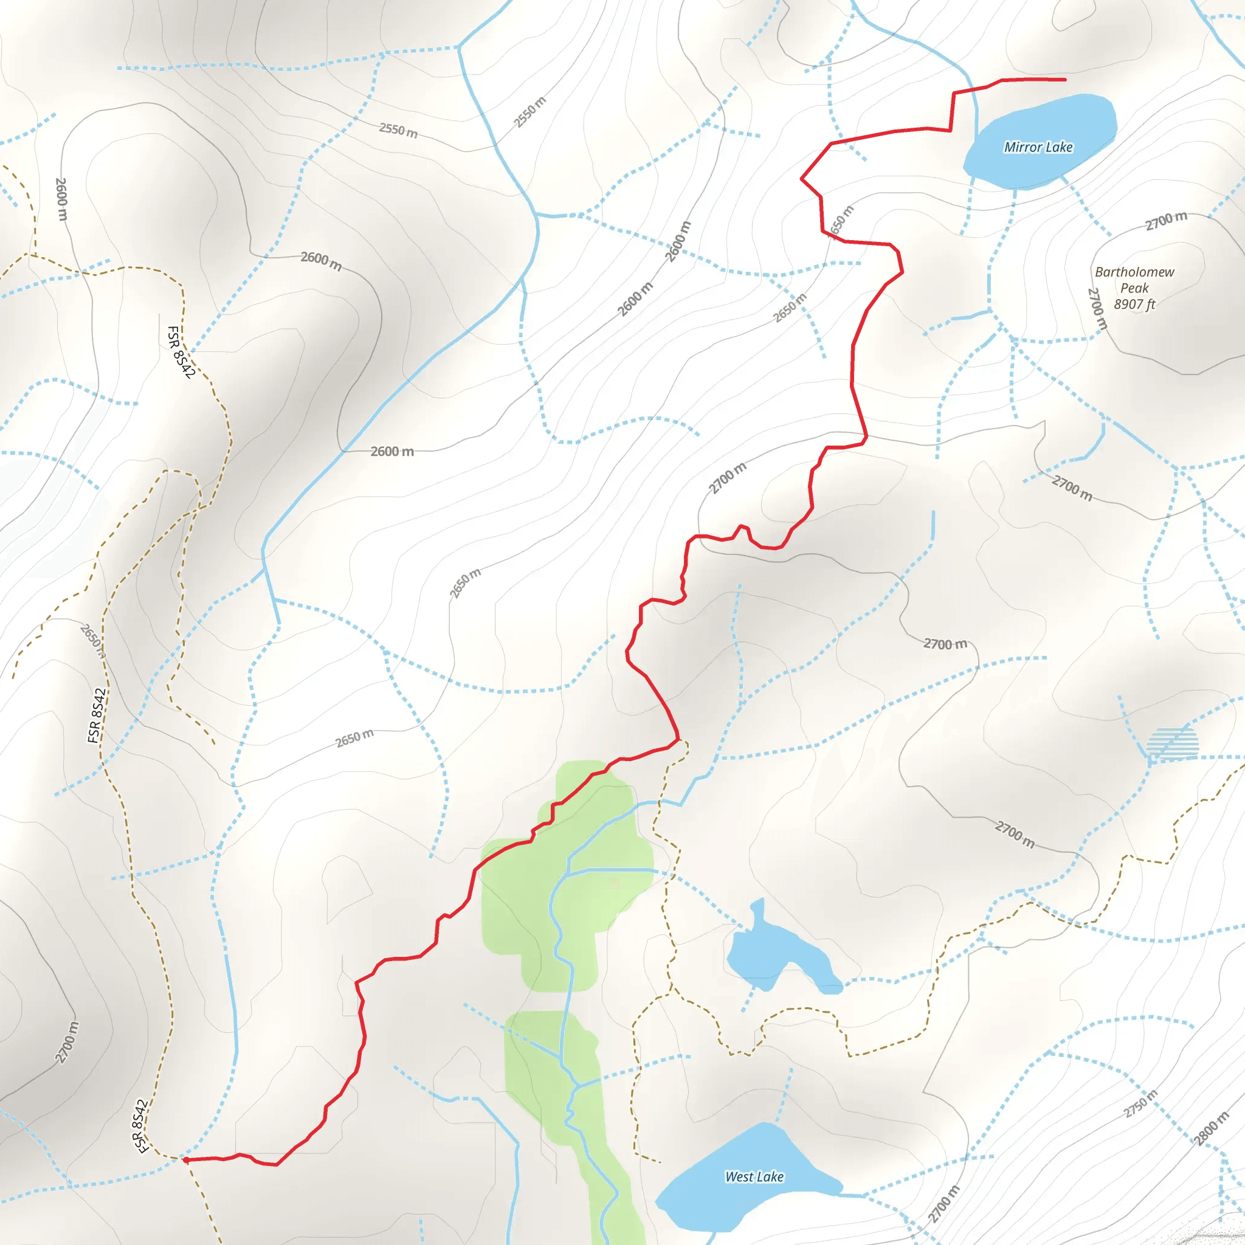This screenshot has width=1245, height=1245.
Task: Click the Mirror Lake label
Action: [x=1038, y=147]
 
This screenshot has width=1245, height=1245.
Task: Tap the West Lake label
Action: [x=754, y=1177]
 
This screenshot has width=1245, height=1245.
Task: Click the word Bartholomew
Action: [x=1134, y=272]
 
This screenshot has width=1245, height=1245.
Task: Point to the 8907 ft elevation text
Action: [x=1134, y=304]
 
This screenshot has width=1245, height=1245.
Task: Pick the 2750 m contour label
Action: [x=1140, y=1104]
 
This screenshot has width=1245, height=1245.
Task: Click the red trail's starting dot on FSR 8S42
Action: [x=185, y=1160]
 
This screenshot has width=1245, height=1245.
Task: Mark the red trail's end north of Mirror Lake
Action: [x=1064, y=80]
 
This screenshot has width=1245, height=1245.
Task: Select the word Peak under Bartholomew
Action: [x=1134, y=288]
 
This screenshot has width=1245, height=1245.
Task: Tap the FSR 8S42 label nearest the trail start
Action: [x=140, y=1126]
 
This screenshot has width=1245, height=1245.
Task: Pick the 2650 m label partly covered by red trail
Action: [x=840, y=222]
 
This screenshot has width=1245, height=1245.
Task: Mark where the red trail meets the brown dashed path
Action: [x=678, y=739]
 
